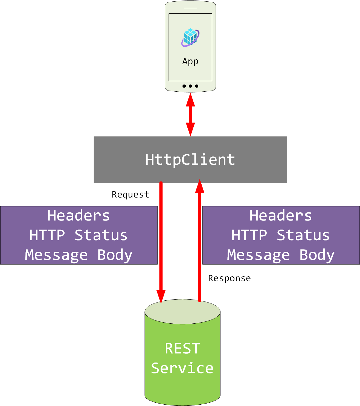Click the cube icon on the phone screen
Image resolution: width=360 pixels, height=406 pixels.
pos(190,37)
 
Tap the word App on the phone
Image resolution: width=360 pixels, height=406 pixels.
pos(190,61)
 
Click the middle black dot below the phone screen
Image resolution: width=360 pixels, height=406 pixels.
pos(190,86)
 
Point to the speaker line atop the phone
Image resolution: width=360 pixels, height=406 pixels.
pos(190,8)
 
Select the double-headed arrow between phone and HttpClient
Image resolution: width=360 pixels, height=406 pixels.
pos(190,114)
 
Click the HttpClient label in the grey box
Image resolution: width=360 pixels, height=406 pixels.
pos(190,159)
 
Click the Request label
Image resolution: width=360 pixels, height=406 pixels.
pos(130,195)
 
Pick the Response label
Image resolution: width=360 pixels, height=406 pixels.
pos(229,278)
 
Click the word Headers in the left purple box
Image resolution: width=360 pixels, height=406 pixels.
pos(79,215)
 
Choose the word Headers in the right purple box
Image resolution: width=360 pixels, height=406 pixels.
pos(281,215)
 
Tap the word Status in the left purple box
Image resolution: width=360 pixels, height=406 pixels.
pos(101,235)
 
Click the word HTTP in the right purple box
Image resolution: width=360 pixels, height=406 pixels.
pos(249,235)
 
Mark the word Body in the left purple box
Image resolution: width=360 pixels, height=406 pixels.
pos(115,255)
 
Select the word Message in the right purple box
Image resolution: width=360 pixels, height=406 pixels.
pos(258,255)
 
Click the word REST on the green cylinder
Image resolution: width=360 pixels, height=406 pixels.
pos(182,349)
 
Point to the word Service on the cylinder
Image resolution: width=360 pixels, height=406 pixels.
pos(182,368)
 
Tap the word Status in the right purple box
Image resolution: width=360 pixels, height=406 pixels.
pos(303,235)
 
